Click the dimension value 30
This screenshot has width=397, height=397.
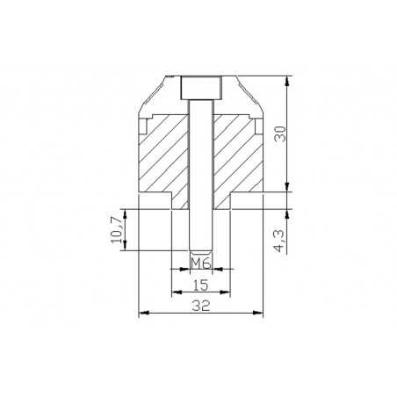(280, 134)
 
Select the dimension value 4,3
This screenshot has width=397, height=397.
(278, 241)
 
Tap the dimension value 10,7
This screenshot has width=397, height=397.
(116, 230)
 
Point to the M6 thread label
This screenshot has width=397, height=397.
(200, 263)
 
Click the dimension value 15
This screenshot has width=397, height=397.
(201, 285)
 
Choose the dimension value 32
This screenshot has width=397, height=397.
(201, 307)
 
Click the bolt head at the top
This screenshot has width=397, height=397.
(200, 88)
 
